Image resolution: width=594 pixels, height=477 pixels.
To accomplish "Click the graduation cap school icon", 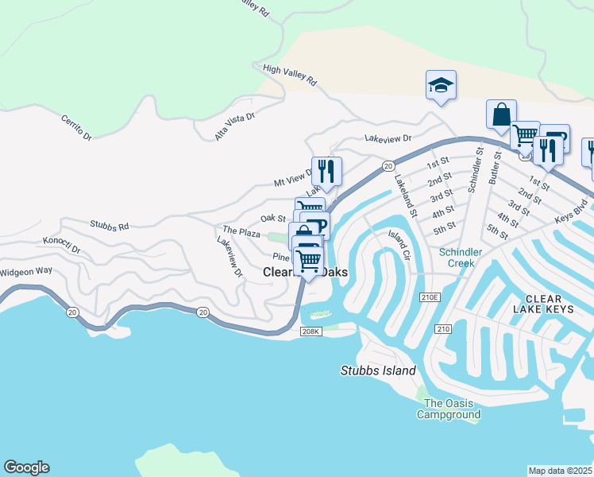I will tap(441, 86).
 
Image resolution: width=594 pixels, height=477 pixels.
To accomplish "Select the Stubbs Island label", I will tap(378, 370).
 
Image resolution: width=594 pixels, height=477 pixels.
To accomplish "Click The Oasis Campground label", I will tap(452, 409).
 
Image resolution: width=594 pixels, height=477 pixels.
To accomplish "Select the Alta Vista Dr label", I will tap(234, 126).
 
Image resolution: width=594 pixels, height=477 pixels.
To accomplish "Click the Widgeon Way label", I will tap(26, 270).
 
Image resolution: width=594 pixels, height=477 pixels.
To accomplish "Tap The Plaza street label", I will tap(241, 231).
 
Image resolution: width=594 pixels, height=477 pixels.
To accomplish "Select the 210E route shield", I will tap(430, 297).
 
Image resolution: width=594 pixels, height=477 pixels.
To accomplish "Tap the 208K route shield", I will tap(310, 332).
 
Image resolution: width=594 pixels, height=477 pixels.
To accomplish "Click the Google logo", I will tap(26, 467).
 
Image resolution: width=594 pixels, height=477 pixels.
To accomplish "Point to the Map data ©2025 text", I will tap(560, 471).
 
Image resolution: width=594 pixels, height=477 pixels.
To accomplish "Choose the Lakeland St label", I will tap(405, 196).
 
